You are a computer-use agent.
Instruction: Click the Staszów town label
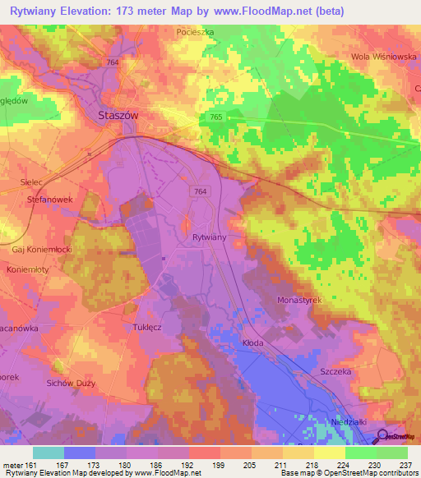pyautogui.click(x=118, y=116)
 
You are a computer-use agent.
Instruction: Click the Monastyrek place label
pyautogui.click(x=298, y=301)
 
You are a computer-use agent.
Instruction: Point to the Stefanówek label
pyautogui.click(x=52, y=198)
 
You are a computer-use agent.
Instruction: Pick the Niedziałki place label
pyautogui.click(x=346, y=421)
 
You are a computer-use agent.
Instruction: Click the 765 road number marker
pyautogui.click(x=215, y=117)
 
